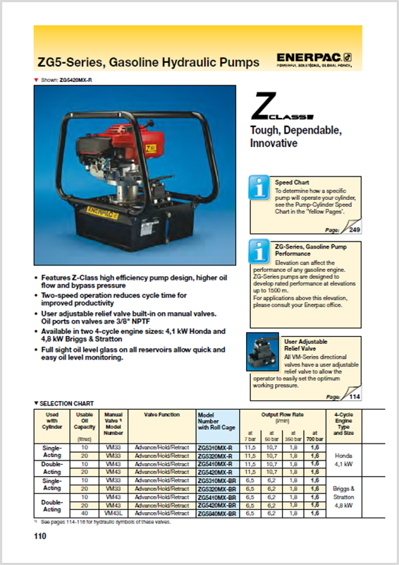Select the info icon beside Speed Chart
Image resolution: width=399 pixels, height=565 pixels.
click(260, 187)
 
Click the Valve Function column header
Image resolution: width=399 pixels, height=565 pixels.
click(160, 415)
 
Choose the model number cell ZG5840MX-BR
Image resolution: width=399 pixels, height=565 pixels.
click(216, 512)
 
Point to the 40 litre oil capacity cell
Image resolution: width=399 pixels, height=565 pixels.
click(85, 512)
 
